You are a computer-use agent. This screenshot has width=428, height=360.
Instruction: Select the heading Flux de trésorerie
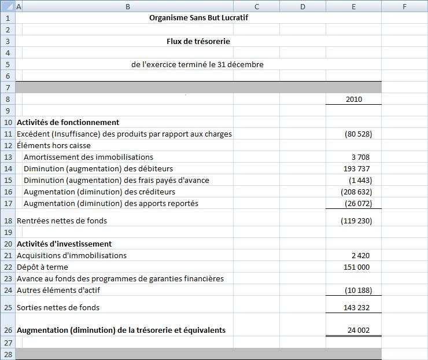pos(198,42)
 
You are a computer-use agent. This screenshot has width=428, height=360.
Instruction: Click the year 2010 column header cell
pos(353,99)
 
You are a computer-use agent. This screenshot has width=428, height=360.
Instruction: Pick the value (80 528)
pos(358,134)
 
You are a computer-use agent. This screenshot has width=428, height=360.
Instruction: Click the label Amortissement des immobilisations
pos(88,157)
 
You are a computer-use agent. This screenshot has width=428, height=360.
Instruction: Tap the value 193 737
pos(356,168)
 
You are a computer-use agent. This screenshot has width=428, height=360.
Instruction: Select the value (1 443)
pos(360,180)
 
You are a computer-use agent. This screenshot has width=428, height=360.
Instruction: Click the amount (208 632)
pos(356,192)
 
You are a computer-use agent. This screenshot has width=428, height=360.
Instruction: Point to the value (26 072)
pos(358,203)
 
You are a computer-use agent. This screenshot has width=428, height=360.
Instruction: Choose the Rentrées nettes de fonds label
pos(62,221)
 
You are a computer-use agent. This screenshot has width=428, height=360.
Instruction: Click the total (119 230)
pos(356,221)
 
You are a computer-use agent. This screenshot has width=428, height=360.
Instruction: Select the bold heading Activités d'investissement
pos(64,244)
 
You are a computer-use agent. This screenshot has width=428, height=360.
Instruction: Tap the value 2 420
pos(360,255)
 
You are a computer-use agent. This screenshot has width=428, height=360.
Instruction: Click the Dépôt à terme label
pos(42,267)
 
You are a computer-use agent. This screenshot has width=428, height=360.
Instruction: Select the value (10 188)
pos(358,290)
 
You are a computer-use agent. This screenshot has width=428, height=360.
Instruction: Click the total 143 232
pos(356,307)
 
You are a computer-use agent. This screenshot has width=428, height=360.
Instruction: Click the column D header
pos(302,6)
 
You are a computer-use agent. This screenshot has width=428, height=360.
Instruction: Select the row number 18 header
pos(8,221)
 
